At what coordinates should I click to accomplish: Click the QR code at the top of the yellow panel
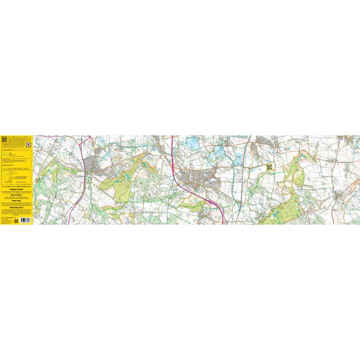pyautogui.click(x=4, y=139)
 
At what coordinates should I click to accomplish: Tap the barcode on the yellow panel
pyautogui.click(x=25, y=220)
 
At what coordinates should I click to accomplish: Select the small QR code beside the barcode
pyautogui.click(x=16, y=221)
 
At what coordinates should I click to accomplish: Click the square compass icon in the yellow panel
pyautogui.click(x=28, y=145)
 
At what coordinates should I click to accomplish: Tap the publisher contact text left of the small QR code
pyautogui.click(x=7, y=221)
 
